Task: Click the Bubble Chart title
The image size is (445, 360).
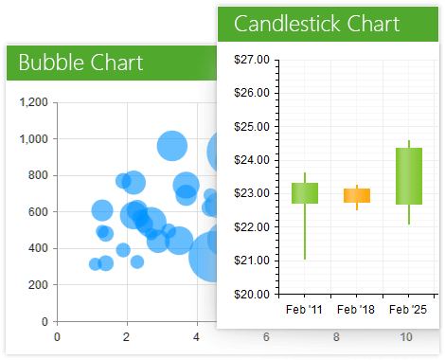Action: (80, 63)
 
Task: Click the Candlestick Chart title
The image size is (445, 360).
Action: (316, 24)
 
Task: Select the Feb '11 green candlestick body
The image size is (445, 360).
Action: (305, 192)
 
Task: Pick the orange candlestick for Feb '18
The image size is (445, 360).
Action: (357, 195)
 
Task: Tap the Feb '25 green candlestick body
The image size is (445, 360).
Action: (409, 176)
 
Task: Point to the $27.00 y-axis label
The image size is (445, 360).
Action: (252, 60)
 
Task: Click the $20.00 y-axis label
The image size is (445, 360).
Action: (252, 294)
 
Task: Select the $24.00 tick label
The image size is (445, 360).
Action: (252, 160)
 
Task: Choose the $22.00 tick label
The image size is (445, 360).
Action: (252, 227)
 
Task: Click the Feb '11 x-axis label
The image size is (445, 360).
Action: (304, 309)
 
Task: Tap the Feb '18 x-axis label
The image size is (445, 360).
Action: (356, 309)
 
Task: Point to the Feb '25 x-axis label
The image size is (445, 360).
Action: (408, 309)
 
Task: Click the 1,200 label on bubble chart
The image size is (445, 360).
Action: (33, 102)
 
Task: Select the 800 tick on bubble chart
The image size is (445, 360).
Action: (37, 175)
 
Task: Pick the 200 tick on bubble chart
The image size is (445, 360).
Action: (37, 285)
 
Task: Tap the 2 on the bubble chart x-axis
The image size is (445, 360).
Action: (127, 336)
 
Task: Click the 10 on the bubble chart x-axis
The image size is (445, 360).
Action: (406, 336)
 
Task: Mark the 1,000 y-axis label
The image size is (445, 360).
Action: (33, 139)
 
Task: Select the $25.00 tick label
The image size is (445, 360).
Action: (252, 126)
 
